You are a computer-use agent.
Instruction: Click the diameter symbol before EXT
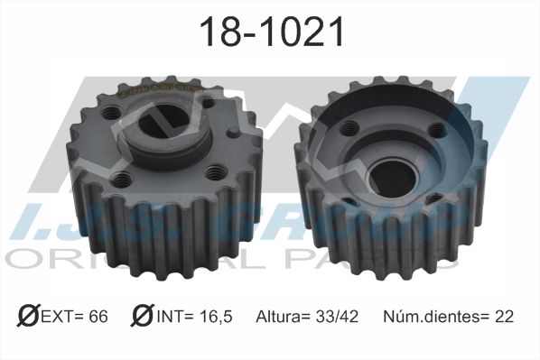(x=26, y=316)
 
